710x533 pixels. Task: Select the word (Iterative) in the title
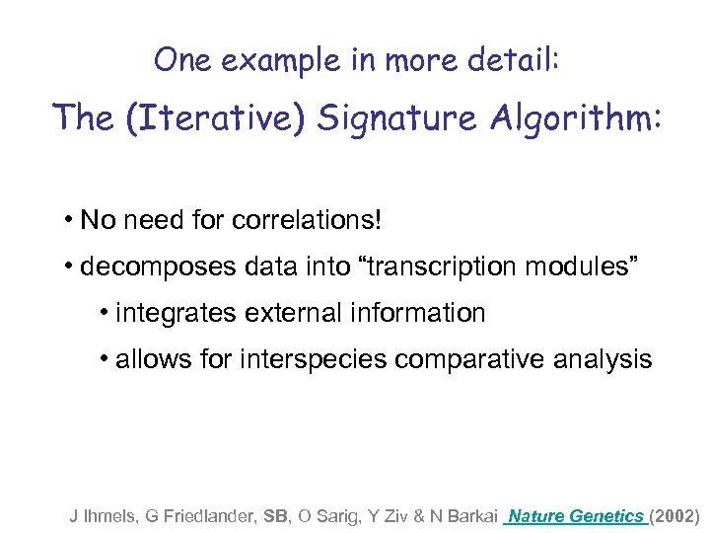[214, 118]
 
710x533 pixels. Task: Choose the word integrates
[175, 314]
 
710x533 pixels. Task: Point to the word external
[283, 314]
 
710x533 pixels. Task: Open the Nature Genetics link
[576, 515]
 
